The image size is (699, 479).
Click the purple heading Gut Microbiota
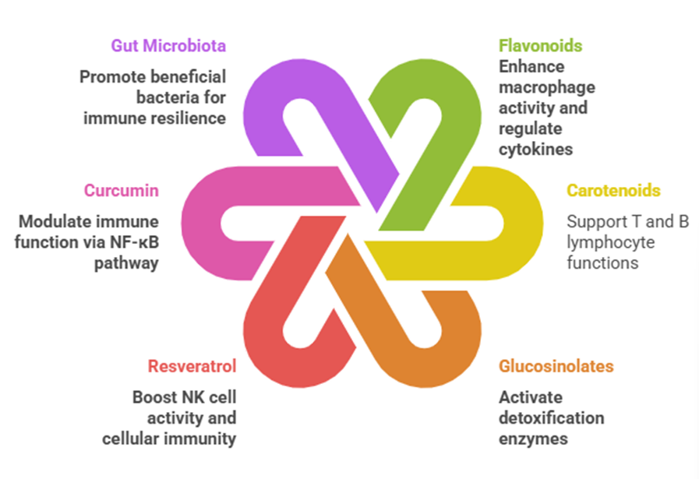pyautogui.click(x=168, y=46)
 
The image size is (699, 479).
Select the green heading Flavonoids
pyautogui.click(x=540, y=46)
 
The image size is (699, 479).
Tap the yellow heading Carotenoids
pyautogui.click(x=613, y=191)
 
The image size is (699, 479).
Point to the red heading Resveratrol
pyautogui.click(x=192, y=366)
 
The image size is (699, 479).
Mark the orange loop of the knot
pyautogui.click(x=444, y=343)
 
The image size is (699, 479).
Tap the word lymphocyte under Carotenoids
pyautogui.click(x=610, y=242)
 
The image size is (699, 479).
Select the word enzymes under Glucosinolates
pyautogui.click(x=533, y=438)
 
